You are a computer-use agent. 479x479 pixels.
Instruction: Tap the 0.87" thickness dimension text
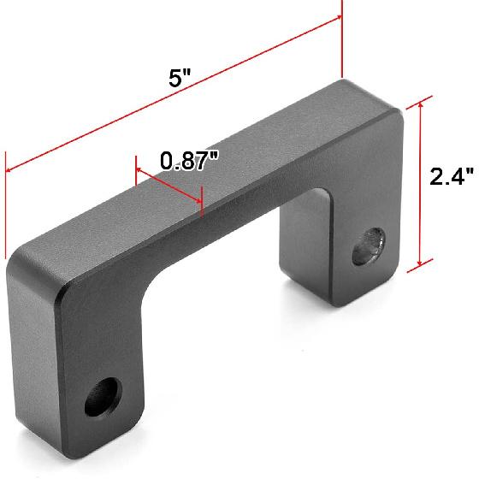[190, 160]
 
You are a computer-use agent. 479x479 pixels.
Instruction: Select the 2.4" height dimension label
[451, 177]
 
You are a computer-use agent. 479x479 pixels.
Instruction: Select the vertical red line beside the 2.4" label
[420, 184]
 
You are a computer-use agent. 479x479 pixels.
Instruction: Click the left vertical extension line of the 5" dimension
[7, 205]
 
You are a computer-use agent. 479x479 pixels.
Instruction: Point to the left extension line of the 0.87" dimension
[135, 171]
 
